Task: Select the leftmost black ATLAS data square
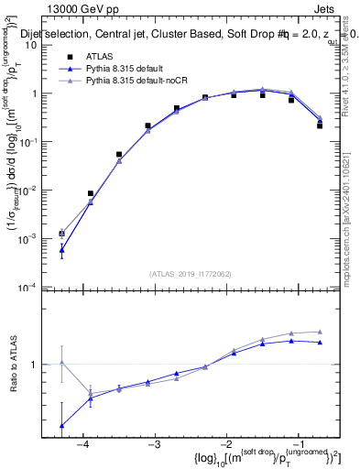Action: tap(61, 234)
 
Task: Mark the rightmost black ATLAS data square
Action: tap(320, 125)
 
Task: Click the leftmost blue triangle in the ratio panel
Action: tap(61, 426)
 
